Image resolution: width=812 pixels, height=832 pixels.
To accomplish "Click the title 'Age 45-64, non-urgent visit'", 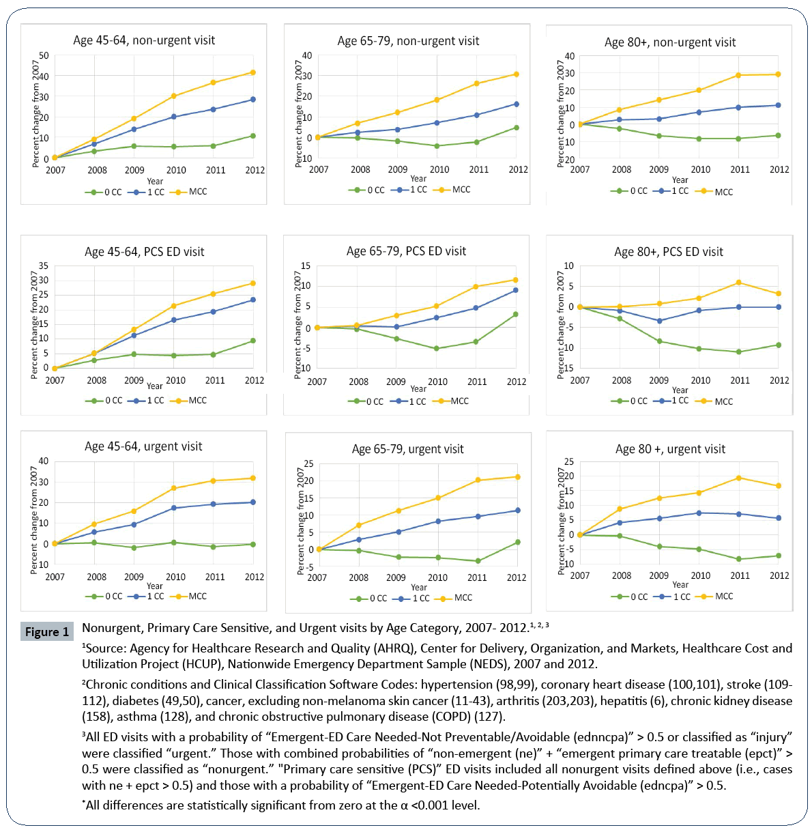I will pyautogui.click(x=144, y=40).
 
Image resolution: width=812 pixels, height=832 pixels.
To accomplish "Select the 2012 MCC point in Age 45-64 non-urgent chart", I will pyautogui.click(x=253, y=72).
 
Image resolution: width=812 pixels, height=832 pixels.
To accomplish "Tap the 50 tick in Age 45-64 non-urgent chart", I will pyautogui.click(x=44, y=56).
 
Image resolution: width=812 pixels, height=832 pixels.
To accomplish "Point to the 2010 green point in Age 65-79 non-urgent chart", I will pyautogui.click(x=437, y=146).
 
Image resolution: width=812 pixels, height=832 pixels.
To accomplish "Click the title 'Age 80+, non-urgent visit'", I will pyautogui.click(x=670, y=42).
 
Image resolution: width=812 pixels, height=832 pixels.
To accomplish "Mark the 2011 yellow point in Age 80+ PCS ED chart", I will pyautogui.click(x=739, y=283).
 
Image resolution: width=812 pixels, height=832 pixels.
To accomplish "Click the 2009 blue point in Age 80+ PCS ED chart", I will pyautogui.click(x=659, y=321).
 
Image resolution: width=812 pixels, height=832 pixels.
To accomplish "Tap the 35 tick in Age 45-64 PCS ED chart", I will pyautogui.click(x=44, y=266).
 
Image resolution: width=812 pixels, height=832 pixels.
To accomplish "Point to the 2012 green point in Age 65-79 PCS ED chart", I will pyautogui.click(x=516, y=315).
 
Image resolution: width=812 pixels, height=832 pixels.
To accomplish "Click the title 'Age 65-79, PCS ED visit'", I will pyautogui.click(x=406, y=251).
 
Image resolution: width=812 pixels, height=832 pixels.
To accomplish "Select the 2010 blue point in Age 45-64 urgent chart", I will pyautogui.click(x=174, y=508).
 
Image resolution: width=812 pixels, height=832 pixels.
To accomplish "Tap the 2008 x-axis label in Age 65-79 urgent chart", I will pyautogui.click(x=358, y=577).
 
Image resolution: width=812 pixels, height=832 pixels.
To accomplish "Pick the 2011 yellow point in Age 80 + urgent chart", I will pyautogui.click(x=739, y=478).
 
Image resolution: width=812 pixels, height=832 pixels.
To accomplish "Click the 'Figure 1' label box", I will pyautogui.click(x=47, y=631).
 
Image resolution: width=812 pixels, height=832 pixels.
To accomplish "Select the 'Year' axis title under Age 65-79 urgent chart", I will pyautogui.click(x=419, y=588).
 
